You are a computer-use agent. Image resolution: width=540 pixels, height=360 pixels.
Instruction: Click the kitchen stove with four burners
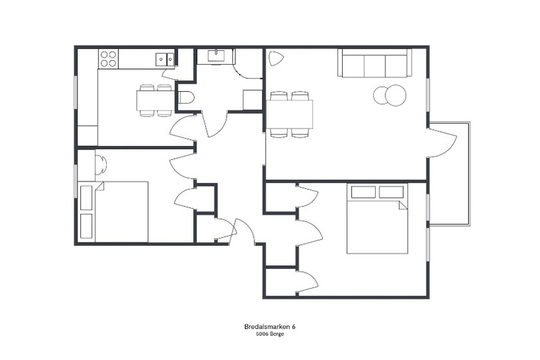click(109, 59)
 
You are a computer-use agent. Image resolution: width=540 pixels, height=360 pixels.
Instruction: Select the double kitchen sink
click(166, 59)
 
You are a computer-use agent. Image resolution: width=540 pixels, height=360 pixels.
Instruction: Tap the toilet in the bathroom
click(187, 97)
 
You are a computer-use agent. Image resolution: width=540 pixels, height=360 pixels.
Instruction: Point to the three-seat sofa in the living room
click(374, 62)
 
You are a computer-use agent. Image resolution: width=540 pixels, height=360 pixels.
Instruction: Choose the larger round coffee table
click(395, 95)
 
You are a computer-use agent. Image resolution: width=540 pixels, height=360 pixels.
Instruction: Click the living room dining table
click(290, 114)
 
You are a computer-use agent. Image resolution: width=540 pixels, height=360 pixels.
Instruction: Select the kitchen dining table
click(155, 100)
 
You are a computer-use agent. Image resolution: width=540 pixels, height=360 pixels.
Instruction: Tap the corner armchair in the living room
click(275, 58)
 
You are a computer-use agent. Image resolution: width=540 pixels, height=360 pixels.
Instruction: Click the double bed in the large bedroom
click(377, 218)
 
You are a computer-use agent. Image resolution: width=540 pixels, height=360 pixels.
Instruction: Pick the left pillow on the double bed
click(364, 192)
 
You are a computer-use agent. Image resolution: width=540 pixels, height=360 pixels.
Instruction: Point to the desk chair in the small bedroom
click(101, 164)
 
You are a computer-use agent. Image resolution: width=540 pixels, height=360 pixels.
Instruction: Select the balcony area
click(449, 173)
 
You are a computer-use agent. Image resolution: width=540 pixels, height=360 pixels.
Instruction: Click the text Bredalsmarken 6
click(269, 326)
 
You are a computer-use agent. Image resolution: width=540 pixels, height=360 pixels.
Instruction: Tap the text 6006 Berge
click(269, 334)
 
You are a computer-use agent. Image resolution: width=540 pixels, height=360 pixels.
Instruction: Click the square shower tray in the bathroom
click(253, 100)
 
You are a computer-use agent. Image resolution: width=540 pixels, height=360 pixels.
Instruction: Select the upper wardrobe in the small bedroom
click(86, 198)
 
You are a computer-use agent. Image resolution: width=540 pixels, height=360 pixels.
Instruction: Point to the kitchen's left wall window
click(76, 93)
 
